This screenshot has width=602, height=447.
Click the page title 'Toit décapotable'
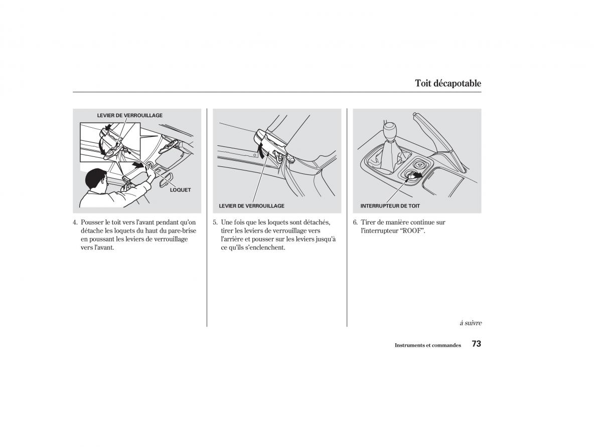click(x=447, y=83)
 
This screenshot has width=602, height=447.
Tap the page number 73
click(x=476, y=344)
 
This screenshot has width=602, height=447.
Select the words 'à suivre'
click(x=470, y=323)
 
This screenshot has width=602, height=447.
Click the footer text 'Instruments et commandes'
click(x=427, y=345)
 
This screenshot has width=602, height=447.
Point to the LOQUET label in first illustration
click(x=180, y=190)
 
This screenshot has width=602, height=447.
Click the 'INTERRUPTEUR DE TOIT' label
click(x=390, y=206)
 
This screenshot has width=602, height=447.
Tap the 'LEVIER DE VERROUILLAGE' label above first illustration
click(x=129, y=115)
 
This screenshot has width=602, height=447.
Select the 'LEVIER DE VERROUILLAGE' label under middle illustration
click(x=251, y=206)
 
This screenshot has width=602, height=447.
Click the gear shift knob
click(x=392, y=132)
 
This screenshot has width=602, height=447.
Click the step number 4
click(x=75, y=222)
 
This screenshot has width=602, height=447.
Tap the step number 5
click(x=215, y=222)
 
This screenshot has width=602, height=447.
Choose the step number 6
click(x=355, y=222)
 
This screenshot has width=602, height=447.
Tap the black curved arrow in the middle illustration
click(x=260, y=149)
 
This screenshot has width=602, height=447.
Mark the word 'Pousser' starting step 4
click(x=92, y=222)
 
